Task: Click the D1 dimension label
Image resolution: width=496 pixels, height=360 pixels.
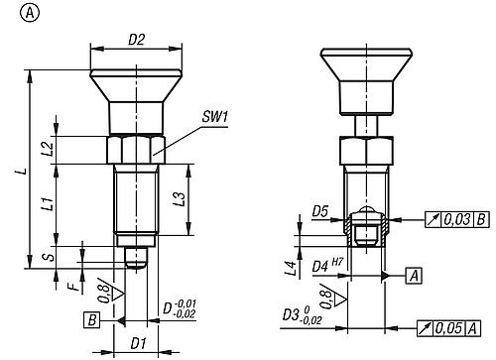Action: click(x=138, y=343)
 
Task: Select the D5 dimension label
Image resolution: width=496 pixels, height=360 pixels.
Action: click(x=319, y=211)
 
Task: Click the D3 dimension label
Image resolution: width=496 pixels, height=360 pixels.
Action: click(x=297, y=314)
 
